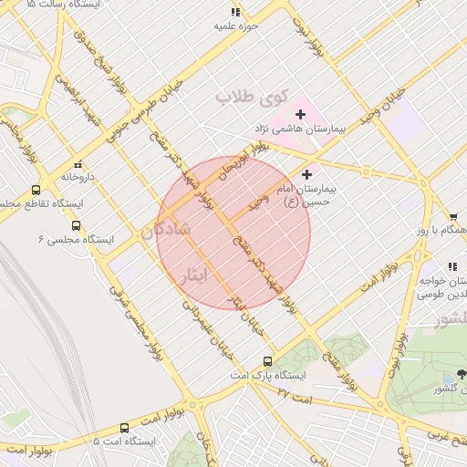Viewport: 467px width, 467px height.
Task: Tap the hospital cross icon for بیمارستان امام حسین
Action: pos(306,173)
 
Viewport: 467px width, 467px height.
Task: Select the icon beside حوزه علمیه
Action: pos(235,12)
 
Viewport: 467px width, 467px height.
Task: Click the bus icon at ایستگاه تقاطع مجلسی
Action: pos(36,190)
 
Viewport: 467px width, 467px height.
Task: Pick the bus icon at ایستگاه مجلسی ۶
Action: pos(76,224)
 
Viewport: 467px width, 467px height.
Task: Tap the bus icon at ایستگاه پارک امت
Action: pos(266,360)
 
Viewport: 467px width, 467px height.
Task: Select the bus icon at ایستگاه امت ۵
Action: pos(125,427)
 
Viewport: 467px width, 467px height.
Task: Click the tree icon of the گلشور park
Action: pos(461,373)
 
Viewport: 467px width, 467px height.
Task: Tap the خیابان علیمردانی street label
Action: pos(212,327)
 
